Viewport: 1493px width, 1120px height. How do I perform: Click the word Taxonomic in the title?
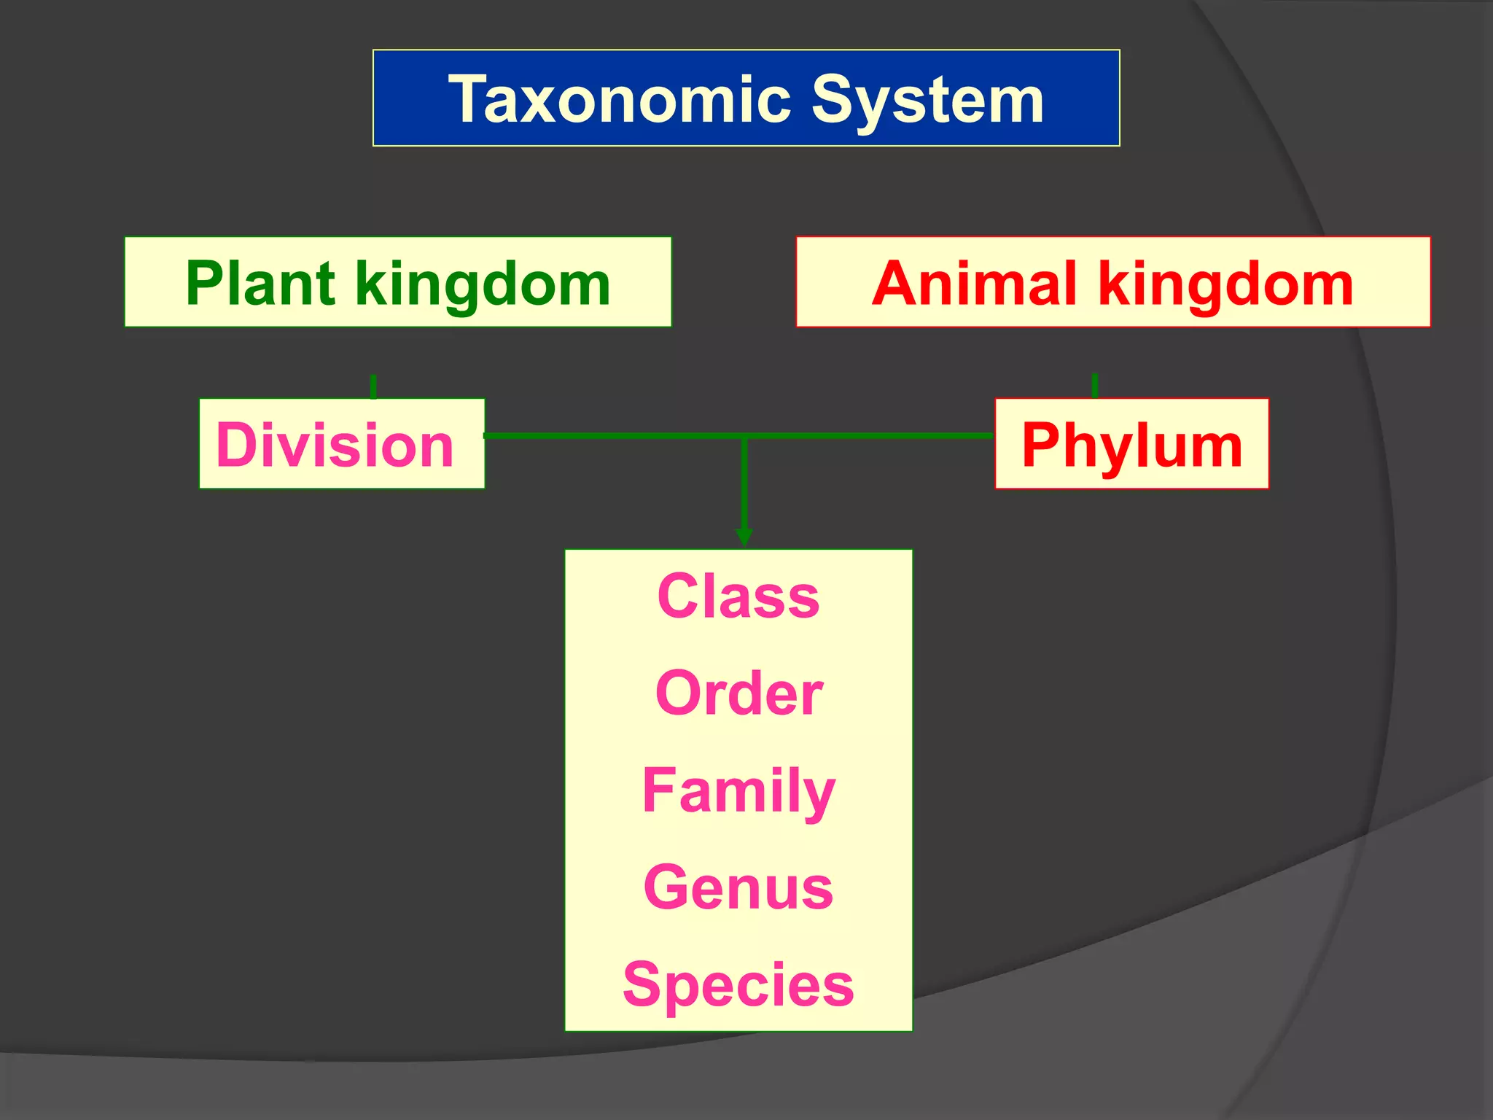[620, 99]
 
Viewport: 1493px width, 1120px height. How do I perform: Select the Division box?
[342, 443]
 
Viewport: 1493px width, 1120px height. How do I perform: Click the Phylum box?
[1131, 443]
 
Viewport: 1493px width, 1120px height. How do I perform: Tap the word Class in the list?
[738, 596]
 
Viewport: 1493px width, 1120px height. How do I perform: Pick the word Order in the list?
[738, 693]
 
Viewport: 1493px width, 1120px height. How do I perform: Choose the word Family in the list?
[738, 791]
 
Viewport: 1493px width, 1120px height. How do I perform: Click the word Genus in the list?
[738, 887]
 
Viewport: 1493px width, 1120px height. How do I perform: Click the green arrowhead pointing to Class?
[744, 537]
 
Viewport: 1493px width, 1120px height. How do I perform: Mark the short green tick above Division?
[373, 386]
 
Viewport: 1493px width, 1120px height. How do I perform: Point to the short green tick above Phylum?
[1095, 385]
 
